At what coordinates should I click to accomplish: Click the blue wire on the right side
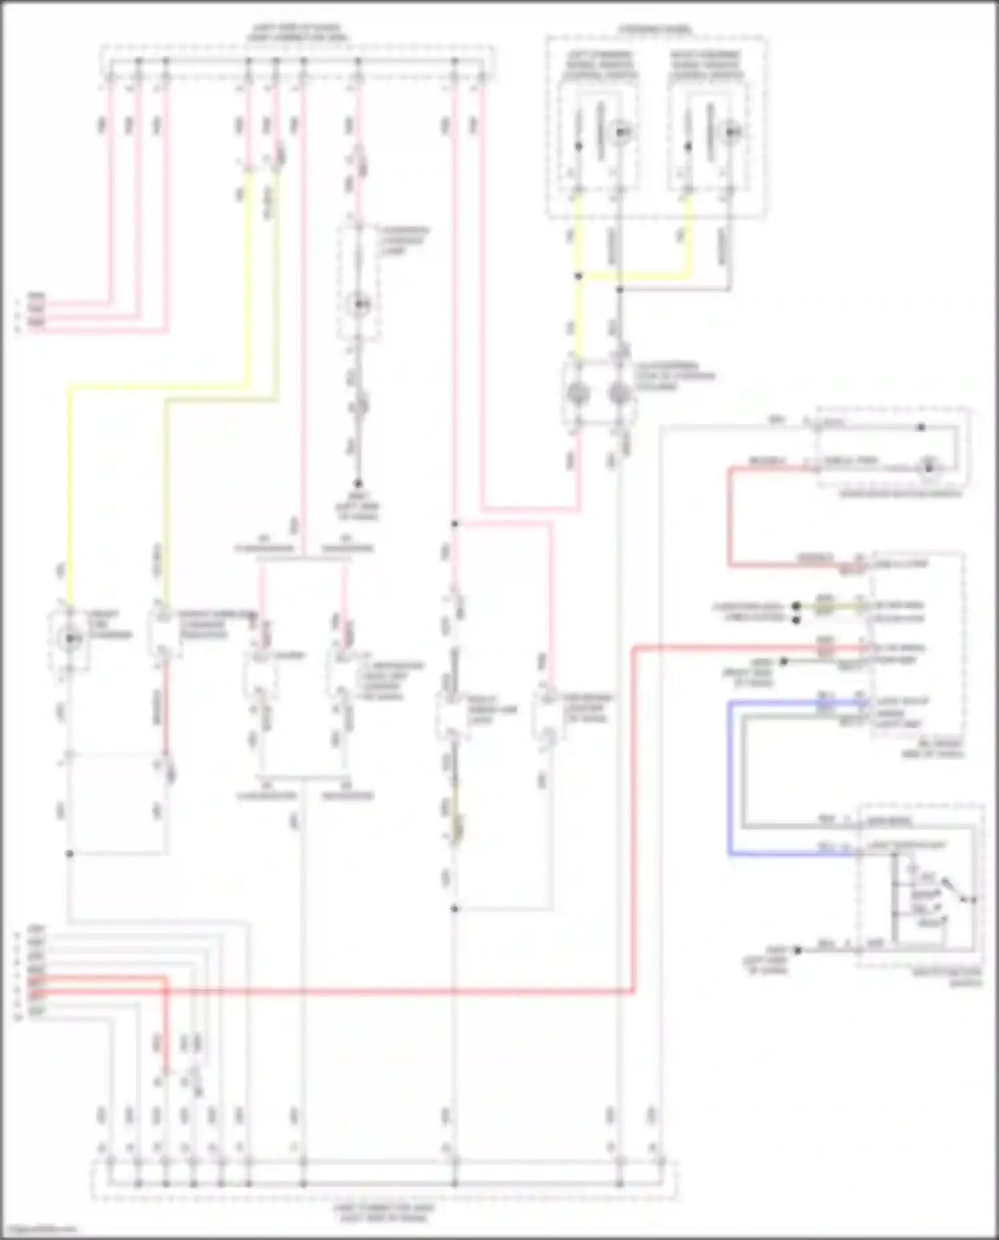pyautogui.click(x=731, y=780)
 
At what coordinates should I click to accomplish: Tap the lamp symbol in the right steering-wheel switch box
pyautogui.click(x=731, y=132)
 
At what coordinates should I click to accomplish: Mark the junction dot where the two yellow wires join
pyautogui.click(x=579, y=276)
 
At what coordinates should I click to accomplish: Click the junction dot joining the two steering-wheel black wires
pyautogui.click(x=619, y=290)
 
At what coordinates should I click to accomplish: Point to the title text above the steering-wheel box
pyautogui.click(x=655, y=30)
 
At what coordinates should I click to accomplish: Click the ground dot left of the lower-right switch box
pyautogui.click(x=797, y=950)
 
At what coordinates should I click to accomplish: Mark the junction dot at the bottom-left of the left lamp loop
pyautogui.click(x=70, y=854)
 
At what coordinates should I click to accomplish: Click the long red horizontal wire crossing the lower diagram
pyautogui.click(x=400, y=992)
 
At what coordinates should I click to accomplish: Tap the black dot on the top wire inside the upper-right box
pyautogui.click(x=922, y=427)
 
